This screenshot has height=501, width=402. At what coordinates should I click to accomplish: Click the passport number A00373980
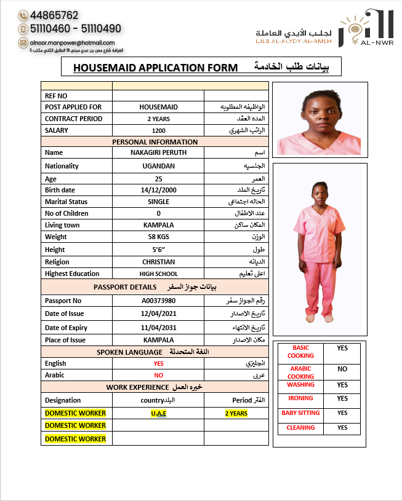click(158, 301)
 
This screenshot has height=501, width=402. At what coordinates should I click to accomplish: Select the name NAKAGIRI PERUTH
click(158, 152)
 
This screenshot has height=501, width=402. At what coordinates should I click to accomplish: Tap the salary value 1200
click(158, 130)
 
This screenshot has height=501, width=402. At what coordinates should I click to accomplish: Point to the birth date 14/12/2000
click(158, 190)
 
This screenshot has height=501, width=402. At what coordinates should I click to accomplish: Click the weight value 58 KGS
click(158, 237)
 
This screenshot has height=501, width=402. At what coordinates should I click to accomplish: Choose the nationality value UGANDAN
click(158, 166)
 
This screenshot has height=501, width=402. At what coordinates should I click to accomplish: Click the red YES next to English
click(158, 363)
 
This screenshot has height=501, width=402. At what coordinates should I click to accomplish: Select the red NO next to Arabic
click(158, 375)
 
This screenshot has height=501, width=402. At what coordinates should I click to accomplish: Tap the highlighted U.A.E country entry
click(158, 413)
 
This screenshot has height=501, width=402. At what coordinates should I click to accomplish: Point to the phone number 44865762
click(54, 15)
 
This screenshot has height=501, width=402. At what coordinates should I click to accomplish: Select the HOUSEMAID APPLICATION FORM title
click(155, 67)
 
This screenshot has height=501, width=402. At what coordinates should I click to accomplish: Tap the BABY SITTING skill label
click(300, 412)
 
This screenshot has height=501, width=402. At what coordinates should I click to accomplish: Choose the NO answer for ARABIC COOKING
click(342, 369)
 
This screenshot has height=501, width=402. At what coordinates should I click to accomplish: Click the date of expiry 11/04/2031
click(158, 328)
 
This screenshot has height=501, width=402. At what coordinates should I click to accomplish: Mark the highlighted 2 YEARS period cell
click(236, 413)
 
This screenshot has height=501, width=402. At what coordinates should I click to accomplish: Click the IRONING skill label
click(300, 398)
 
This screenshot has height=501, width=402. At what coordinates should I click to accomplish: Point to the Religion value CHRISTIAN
click(158, 262)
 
